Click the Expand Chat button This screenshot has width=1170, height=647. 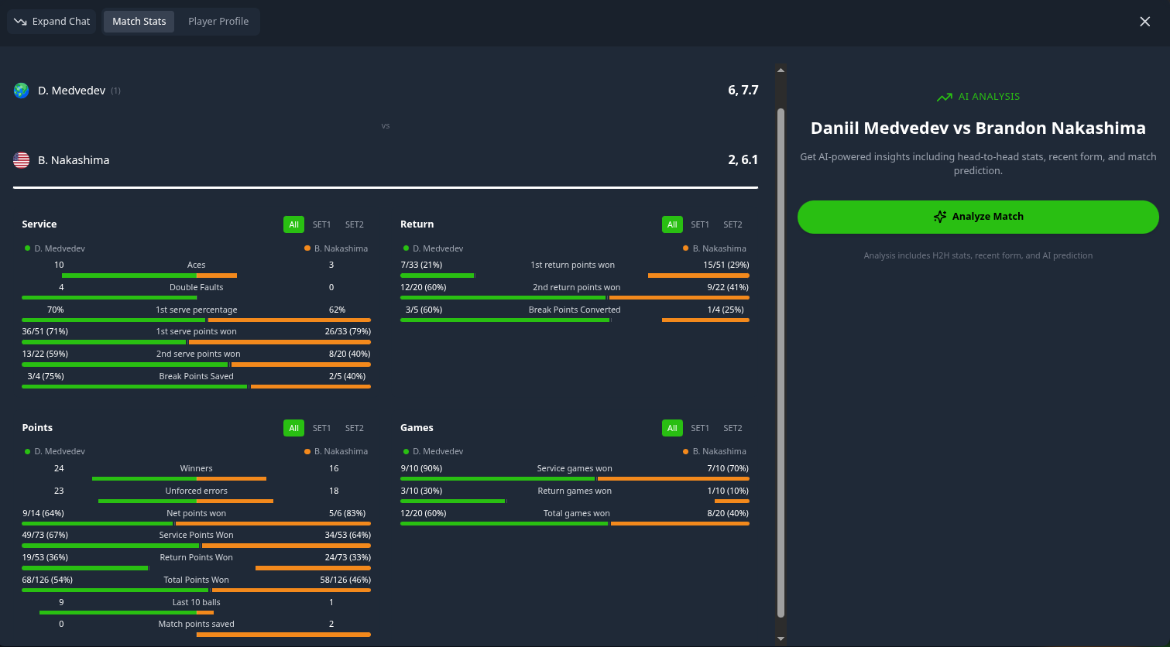pos(53,22)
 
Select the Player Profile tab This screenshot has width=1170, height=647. pos(218,22)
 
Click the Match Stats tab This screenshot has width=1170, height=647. pos(139,22)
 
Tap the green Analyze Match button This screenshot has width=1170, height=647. pos(978,217)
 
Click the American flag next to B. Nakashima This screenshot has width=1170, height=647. pos(22,160)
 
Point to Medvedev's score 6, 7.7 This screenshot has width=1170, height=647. pos(743,91)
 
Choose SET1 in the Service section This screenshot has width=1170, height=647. pos(321,224)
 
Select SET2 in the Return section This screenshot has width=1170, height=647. pos(733,224)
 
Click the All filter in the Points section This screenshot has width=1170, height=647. pos(293,428)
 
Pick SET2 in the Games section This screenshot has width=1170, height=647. pos(733,428)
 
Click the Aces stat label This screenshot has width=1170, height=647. pos(197,265)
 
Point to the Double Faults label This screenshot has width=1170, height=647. pos(197,287)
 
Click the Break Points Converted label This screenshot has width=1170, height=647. pos(575,310)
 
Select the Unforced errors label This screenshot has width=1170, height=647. pos(197,491)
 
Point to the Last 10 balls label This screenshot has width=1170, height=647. pos(197,602)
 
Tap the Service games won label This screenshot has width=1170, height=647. pos(575,468)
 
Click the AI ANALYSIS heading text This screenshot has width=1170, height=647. pos(989,97)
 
